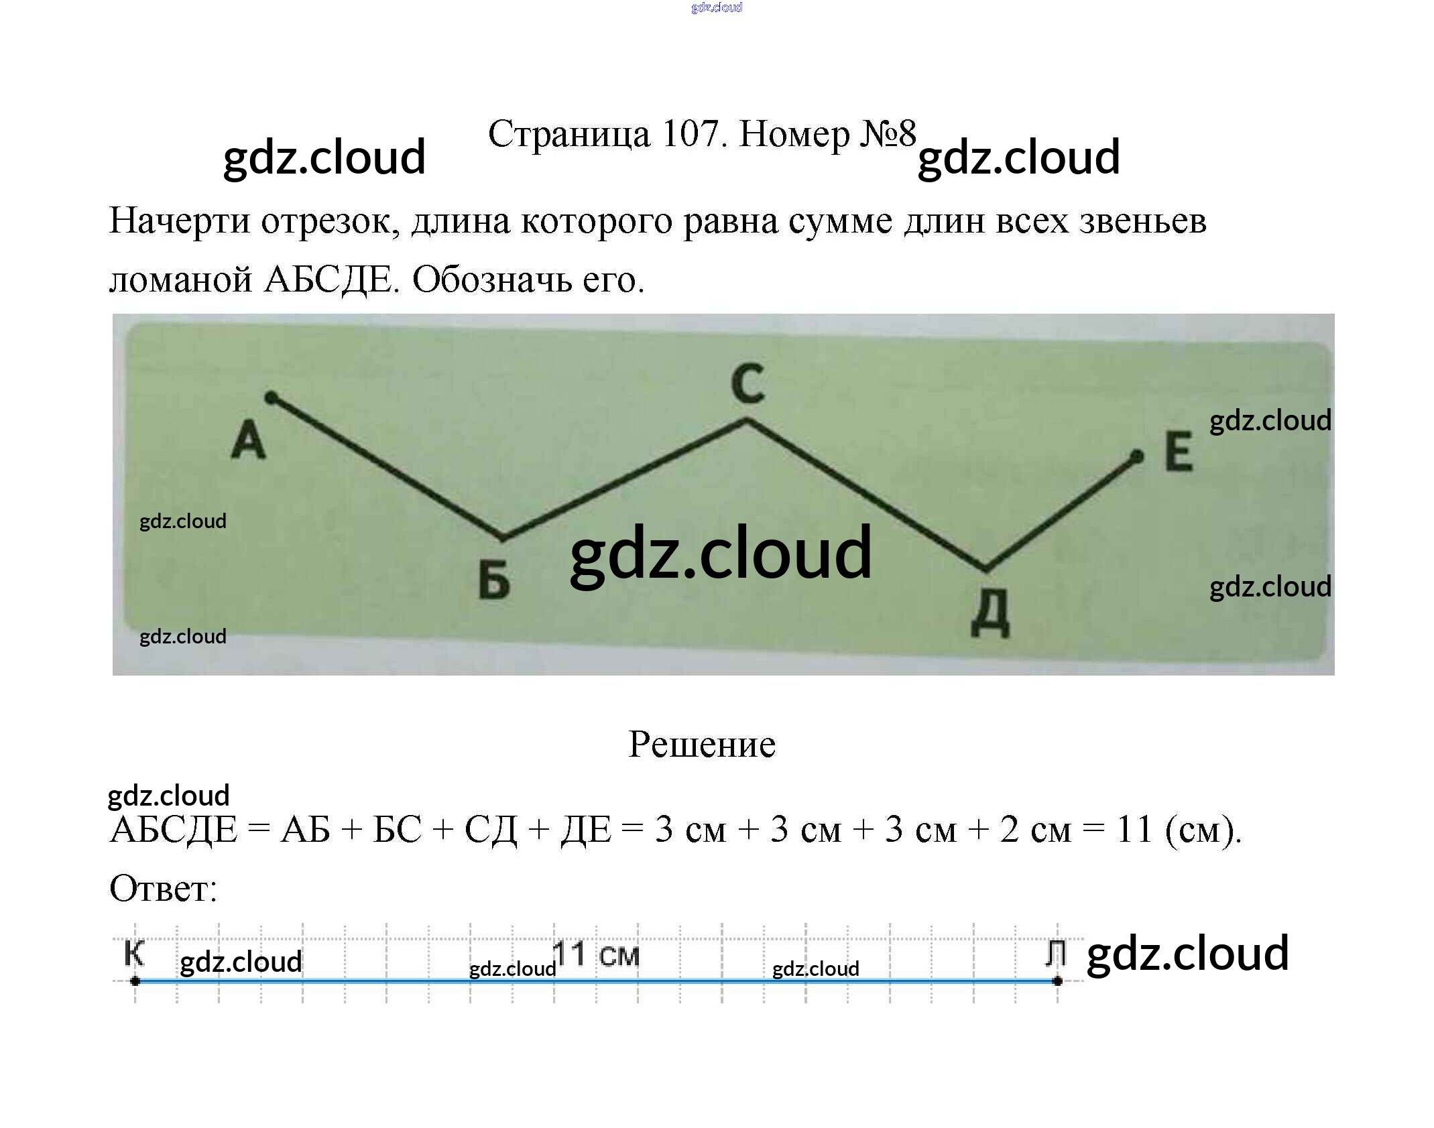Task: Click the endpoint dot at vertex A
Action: coord(271,398)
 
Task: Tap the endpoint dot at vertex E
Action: coord(1136,457)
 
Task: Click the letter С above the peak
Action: coord(748,383)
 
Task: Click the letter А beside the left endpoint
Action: coord(248,440)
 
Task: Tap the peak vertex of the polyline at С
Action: coord(748,421)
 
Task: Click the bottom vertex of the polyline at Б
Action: coord(503,538)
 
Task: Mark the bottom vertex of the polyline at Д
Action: coord(985,570)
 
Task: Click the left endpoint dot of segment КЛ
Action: coord(135,981)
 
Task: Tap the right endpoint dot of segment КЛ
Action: coord(1057,981)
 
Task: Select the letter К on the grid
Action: coord(134,952)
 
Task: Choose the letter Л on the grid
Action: coord(1056,952)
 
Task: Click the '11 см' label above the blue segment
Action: coord(596,954)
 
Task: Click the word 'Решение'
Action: coord(702,744)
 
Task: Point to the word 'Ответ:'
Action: coord(163,889)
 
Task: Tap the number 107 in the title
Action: coord(690,133)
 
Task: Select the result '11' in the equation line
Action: coord(1134,829)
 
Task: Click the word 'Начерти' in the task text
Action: coord(180,221)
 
